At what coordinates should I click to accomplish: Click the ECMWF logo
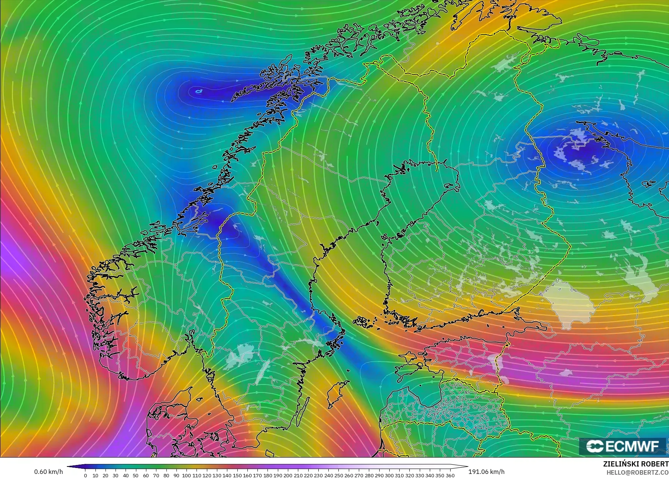coord(622,446)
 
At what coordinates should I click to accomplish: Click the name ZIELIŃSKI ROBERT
coord(635,464)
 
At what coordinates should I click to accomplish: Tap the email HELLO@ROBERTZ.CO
coord(637,472)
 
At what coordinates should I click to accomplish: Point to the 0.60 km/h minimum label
coord(48,472)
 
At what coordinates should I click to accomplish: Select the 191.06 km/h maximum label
coord(486,472)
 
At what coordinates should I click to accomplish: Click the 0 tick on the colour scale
coord(85,475)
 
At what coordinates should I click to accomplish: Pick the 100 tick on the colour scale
coord(186,475)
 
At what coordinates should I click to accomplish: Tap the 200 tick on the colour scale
coord(288,475)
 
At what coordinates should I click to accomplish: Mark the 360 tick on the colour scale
coord(450,475)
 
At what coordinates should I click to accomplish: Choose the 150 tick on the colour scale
coord(237,475)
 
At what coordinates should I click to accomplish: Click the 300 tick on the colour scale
coord(389,475)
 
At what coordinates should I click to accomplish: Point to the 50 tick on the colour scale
coord(136,475)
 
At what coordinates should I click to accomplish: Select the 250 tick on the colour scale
coord(338,475)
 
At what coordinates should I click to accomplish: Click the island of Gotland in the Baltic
coord(335,394)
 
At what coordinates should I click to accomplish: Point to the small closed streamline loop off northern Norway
coord(199,91)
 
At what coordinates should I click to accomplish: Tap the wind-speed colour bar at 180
coord(267,467)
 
